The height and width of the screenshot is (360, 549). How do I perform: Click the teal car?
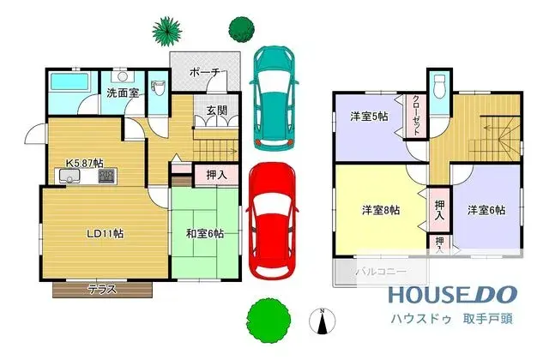point(272,97)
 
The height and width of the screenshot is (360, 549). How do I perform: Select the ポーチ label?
point(204,73)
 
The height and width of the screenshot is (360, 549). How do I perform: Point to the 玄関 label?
point(216,111)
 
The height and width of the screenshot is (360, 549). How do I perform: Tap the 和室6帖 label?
point(205,232)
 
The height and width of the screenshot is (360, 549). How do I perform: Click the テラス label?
point(102,290)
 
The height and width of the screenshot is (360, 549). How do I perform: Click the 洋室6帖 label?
point(486,209)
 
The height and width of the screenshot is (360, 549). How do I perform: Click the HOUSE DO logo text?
point(453,295)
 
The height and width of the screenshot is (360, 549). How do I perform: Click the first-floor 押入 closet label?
point(216,175)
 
